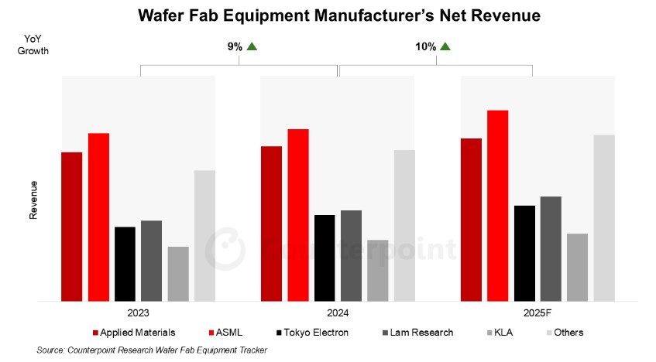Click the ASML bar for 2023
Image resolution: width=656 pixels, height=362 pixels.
(98, 217)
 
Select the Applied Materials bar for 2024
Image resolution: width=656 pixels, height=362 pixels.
(271, 223)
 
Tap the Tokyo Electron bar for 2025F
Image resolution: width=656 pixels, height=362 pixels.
(524, 253)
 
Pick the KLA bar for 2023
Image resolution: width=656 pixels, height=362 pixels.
(178, 273)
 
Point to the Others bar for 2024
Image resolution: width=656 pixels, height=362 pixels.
(404, 225)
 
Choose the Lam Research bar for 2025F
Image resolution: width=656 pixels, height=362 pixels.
(551, 248)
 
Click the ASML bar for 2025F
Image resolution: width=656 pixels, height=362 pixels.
(497, 205)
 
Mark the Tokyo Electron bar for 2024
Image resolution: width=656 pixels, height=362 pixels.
(325, 258)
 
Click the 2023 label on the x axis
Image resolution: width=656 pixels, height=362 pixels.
(139, 313)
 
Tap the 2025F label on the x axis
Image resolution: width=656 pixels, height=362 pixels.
(538, 313)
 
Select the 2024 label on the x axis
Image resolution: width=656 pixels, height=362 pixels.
(338, 313)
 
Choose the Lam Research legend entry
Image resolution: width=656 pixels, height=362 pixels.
(422, 333)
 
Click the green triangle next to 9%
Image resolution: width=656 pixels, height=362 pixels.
(252, 46)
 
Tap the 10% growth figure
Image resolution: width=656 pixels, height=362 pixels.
(425, 46)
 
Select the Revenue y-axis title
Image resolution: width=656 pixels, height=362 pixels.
(33, 200)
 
